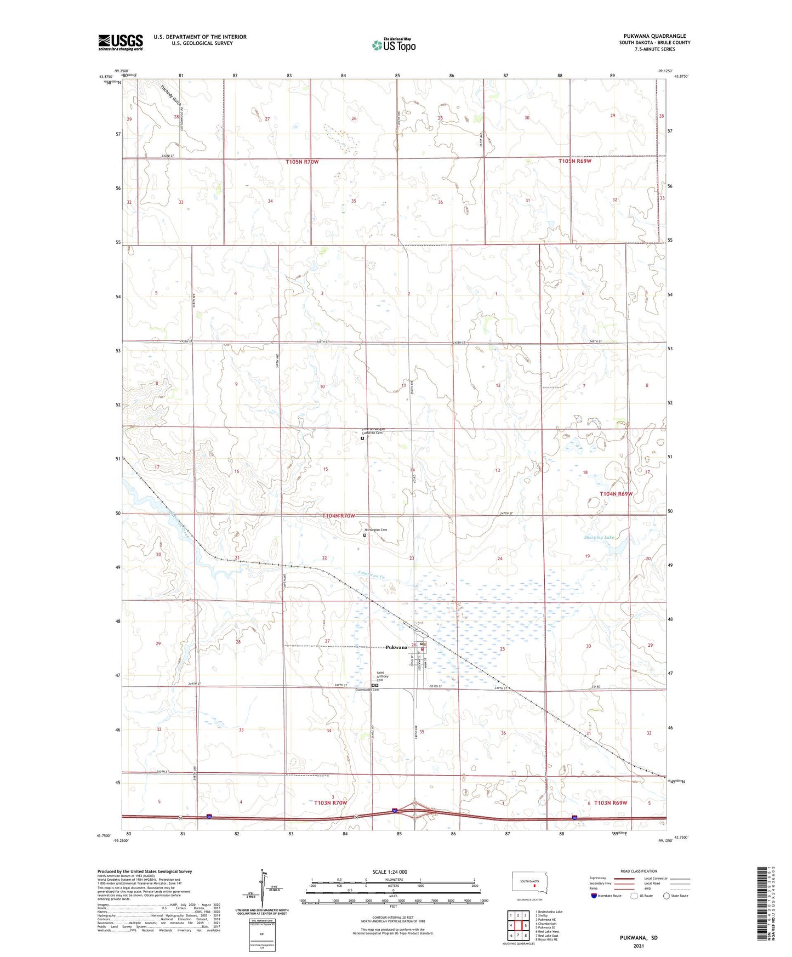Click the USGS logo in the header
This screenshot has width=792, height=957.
(x=121, y=42)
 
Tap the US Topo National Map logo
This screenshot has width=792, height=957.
(x=393, y=45)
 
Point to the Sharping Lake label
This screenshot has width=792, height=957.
(x=599, y=538)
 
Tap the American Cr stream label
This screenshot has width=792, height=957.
(x=372, y=574)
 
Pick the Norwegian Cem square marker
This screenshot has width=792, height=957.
(x=364, y=536)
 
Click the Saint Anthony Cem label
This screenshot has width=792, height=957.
(x=382, y=676)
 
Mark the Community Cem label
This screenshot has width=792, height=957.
(x=367, y=690)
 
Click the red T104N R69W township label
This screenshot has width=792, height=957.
(x=616, y=494)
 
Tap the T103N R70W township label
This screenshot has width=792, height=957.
(x=331, y=803)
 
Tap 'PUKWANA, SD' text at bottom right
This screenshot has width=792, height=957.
(x=639, y=937)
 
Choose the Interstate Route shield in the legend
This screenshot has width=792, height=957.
(x=594, y=896)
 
